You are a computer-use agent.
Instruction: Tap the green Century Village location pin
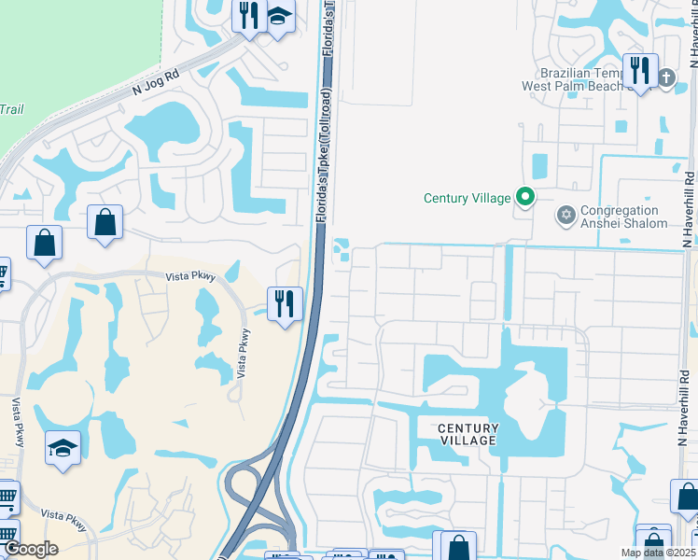pos(525,197)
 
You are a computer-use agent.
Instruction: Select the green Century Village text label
pos(467,198)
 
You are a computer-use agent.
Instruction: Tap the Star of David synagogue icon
pos(565,217)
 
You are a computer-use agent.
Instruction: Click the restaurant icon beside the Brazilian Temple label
pos(639,70)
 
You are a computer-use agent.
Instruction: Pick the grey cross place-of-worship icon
pos(666,77)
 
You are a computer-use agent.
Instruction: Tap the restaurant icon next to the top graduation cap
pos(248,15)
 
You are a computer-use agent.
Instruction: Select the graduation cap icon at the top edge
pos(279,16)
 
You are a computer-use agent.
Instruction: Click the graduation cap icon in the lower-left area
pos(63,448)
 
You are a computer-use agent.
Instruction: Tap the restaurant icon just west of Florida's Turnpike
pos(285,302)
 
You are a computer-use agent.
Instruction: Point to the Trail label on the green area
pos(11,109)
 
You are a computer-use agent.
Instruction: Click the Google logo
pos(31,549)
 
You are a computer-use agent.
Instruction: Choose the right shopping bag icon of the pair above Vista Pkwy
pos(105,222)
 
